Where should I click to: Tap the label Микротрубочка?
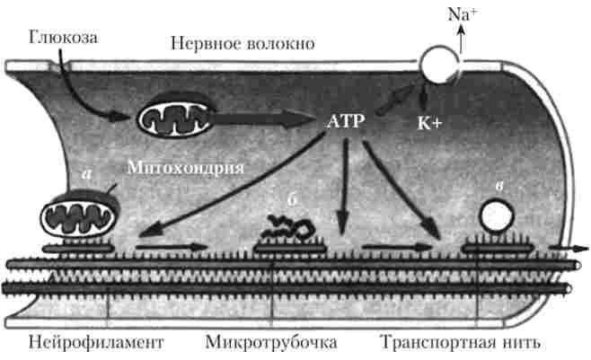pos(271,343)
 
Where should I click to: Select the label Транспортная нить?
pos(463,343)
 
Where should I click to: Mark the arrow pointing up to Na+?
pos(460,37)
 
